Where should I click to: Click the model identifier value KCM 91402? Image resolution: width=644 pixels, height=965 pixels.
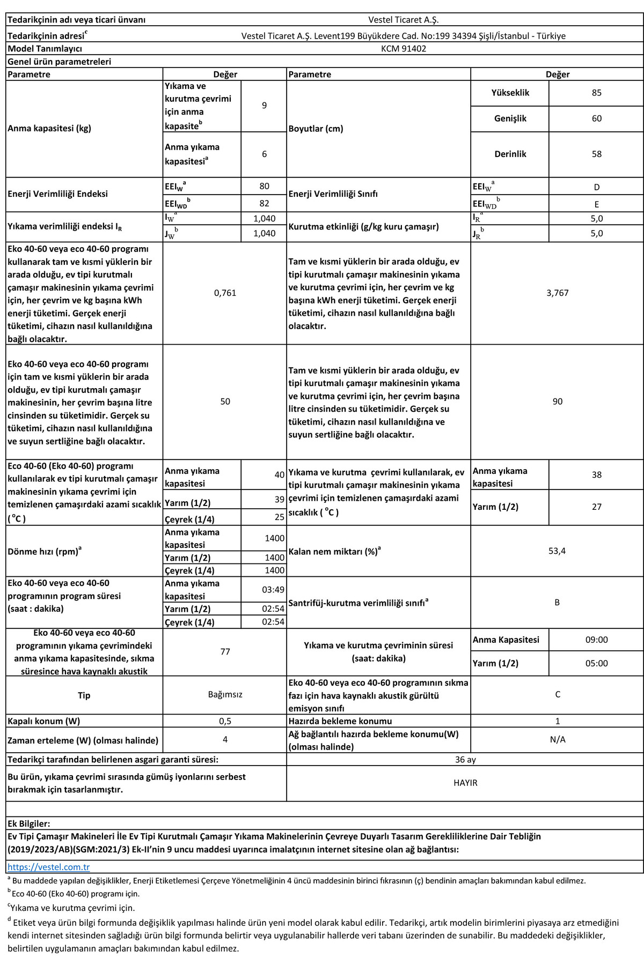tap(404, 48)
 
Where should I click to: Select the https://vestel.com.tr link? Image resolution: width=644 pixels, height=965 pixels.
tap(48, 867)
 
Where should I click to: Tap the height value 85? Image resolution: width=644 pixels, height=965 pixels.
tap(596, 93)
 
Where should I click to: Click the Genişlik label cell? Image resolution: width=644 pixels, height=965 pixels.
tap(510, 118)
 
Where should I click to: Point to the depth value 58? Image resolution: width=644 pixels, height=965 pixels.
tap(596, 154)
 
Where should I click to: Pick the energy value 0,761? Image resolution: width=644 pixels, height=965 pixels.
tap(225, 293)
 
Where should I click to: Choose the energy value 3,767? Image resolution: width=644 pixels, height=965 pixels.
tap(557, 293)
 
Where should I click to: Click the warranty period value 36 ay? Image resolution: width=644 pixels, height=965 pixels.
tap(465, 760)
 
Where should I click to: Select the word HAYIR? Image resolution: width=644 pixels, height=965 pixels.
tap(465, 783)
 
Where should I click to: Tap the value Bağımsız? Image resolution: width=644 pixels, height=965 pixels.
tap(225, 694)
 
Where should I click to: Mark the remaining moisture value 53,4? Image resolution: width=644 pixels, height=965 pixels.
tap(557, 551)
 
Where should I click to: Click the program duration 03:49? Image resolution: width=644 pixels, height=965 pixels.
tap(273, 590)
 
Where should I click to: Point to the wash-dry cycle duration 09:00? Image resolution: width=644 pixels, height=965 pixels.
tap(596, 640)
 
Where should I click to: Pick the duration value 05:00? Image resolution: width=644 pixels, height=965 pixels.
tap(596, 663)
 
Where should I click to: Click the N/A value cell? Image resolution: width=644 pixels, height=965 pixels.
tap(558, 739)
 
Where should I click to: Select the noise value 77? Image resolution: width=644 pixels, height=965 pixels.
tap(225, 651)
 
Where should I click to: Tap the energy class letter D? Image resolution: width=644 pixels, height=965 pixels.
tap(596, 187)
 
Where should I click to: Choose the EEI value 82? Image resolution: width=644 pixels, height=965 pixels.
tap(264, 203)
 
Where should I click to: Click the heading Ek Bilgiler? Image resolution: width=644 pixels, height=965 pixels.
tap(29, 823)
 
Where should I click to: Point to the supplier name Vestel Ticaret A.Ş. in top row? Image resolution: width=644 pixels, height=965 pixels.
tap(403, 20)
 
